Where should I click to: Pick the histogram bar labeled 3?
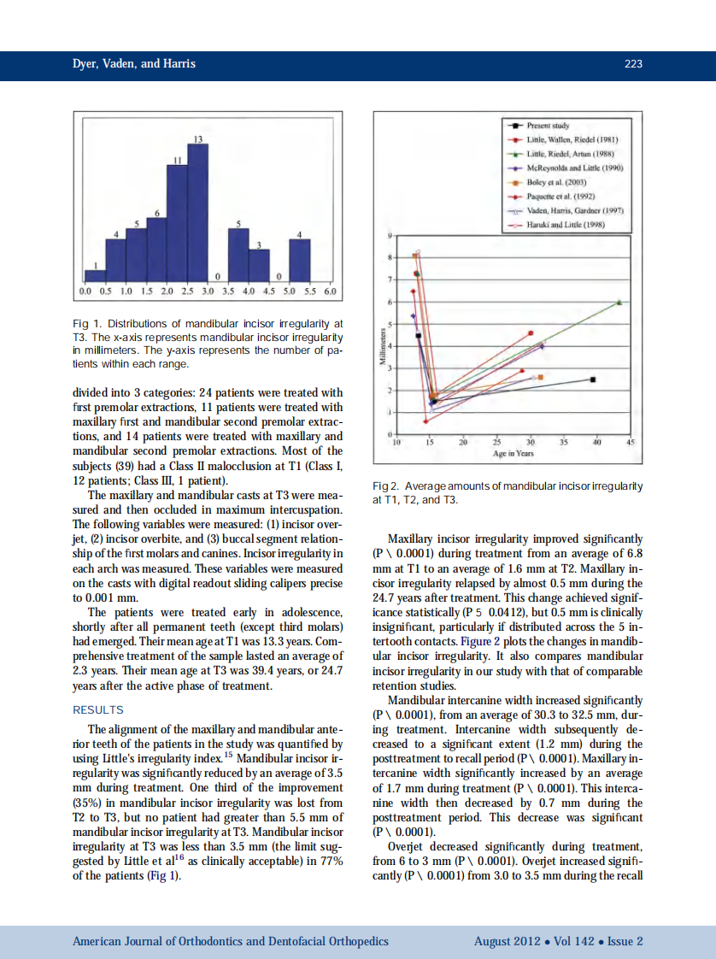pos(259,265)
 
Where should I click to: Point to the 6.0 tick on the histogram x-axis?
pos(332,291)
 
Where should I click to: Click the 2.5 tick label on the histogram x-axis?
pos(188,291)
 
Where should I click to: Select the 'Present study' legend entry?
pos(548,126)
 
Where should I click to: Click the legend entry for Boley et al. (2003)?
pos(557,182)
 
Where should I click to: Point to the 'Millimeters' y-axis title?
pos(384,347)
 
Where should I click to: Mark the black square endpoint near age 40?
pos(593,379)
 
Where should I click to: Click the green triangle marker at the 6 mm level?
pos(619,302)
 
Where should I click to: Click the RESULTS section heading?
pos(98,710)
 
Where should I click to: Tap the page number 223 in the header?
pos(633,64)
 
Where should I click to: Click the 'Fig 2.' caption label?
pos(387,486)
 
